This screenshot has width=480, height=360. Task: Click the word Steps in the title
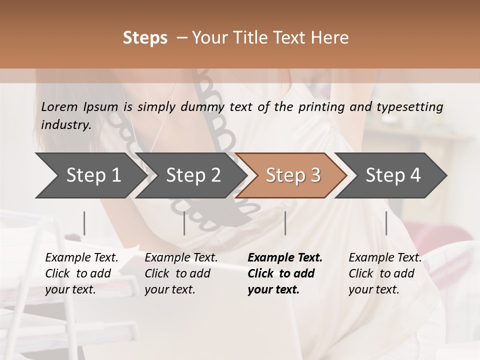tap(145, 38)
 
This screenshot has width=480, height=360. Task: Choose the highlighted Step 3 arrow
tap(293, 175)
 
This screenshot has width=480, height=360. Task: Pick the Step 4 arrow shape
tap(393, 175)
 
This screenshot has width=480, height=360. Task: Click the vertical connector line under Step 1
tap(84, 223)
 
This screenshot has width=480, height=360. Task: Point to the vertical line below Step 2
tap(184, 223)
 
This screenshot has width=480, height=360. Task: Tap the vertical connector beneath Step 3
tap(285, 223)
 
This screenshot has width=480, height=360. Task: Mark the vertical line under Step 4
tap(386, 223)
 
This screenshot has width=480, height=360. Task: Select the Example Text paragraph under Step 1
tap(81, 273)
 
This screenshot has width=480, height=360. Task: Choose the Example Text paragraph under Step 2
tap(181, 273)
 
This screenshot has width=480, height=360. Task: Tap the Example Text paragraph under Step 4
tap(384, 273)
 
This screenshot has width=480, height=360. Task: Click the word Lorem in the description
tap(59, 107)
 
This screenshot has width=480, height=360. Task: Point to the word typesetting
tap(413, 107)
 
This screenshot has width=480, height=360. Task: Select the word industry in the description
tap(65, 125)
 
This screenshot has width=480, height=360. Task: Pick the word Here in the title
tap(330, 38)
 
